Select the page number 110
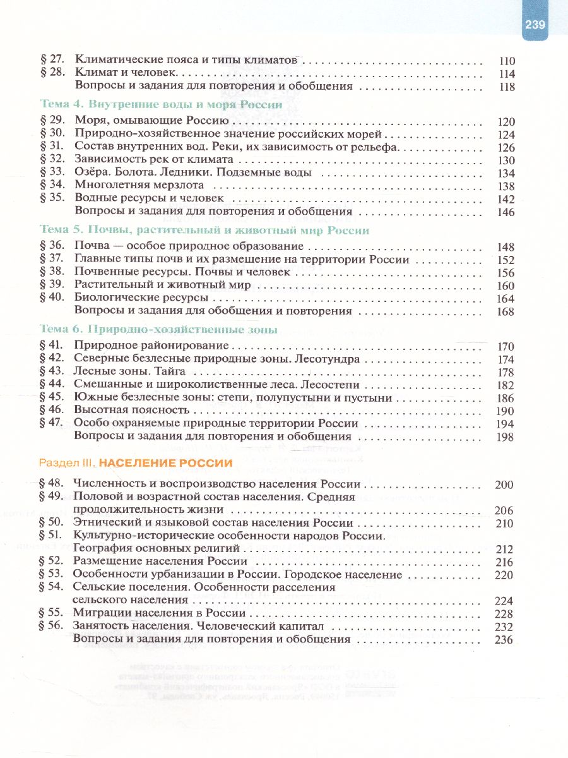coord(506,62)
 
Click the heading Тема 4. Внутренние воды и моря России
coord(161,105)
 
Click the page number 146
coord(506,212)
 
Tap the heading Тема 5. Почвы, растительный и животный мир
coord(204,231)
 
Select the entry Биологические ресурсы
coord(141,298)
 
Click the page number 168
coord(506,311)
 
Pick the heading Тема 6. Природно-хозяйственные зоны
coord(158,329)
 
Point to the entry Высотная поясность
coord(132,410)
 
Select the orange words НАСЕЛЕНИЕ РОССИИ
coord(165,463)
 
